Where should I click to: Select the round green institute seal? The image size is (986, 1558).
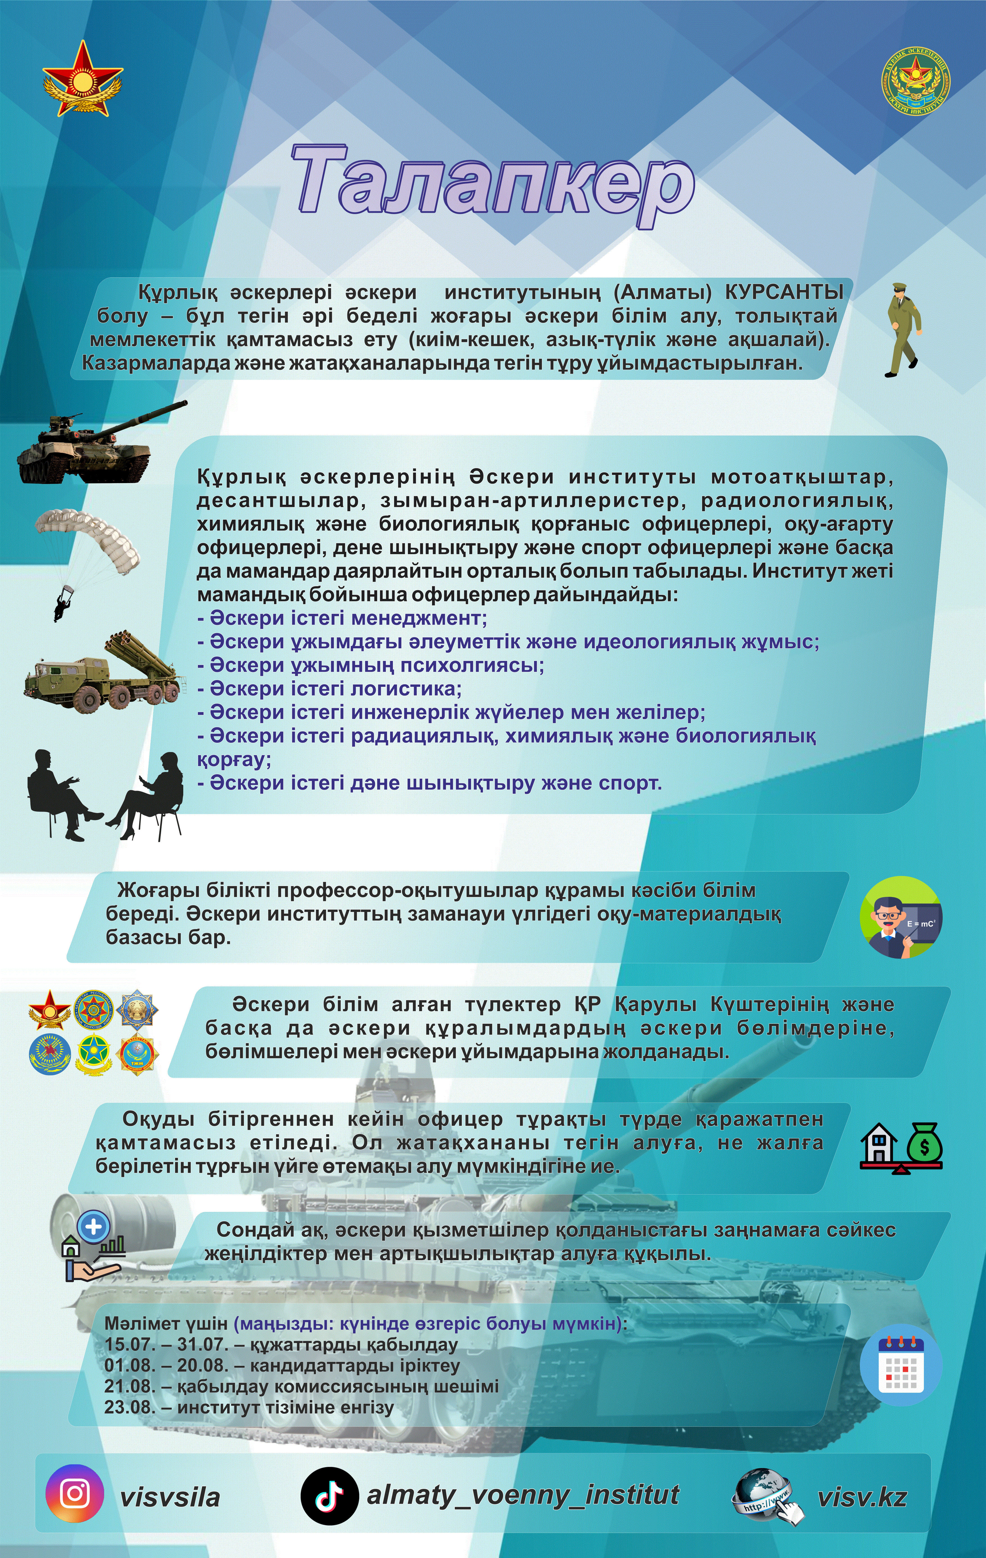[915, 81]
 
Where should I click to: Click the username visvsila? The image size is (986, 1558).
[169, 1496]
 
